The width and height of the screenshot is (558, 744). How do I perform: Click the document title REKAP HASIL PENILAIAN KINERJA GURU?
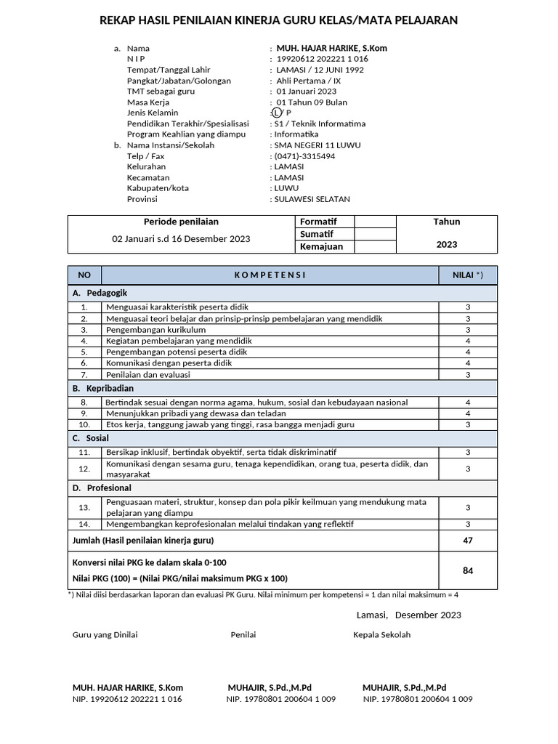pos(278,20)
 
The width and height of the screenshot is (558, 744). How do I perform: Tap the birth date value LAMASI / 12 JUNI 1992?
pos(320,70)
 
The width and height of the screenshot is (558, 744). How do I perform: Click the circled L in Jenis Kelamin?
pos(276,113)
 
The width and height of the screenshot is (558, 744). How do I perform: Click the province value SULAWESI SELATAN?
pos(312,198)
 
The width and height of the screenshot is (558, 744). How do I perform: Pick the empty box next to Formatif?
pos(375,222)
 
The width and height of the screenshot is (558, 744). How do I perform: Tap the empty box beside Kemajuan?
pos(375,246)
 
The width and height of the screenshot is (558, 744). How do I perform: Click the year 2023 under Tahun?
pos(447,244)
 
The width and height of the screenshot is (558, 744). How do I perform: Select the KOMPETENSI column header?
pos(270,275)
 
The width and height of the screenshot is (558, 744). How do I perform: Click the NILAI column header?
pos(468,275)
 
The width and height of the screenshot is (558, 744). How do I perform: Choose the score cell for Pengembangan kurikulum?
pos(468,329)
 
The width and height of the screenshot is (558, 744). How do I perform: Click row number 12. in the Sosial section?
pos(84,469)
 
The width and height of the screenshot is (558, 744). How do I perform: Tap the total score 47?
pos(468,541)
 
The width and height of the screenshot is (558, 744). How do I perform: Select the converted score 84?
pos(468,571)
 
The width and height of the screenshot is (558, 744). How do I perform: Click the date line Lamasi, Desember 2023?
pos(408,615)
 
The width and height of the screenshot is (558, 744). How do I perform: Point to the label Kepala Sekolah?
pos(381,634)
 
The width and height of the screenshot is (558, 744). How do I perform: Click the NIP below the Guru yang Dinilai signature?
pos(127,699)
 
